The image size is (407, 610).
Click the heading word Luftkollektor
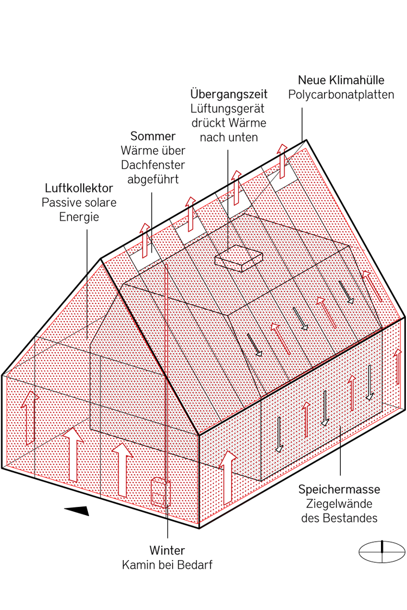(x=79, y=188)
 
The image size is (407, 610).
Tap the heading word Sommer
(x=153, y=136)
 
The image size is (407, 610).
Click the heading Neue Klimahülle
(x=341, y=80)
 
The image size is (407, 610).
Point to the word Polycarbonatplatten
(x=341, y=95)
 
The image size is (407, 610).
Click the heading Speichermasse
(x=339, y=490)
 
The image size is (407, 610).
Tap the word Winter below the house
(x=167, y=550)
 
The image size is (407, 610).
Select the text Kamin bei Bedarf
(x=167, y=565)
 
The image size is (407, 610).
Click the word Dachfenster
(x=153, y=164)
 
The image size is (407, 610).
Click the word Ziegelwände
(x=339, y=504)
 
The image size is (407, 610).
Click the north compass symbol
(x=382, y=552)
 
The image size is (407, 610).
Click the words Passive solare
(x=79, y=203)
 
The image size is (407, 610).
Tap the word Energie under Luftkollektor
(x=79, y=217)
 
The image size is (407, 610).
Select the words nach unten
(x=228, y=137)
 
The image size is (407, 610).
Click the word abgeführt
(x=153, y=179)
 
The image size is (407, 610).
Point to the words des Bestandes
(x=339, y=518)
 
